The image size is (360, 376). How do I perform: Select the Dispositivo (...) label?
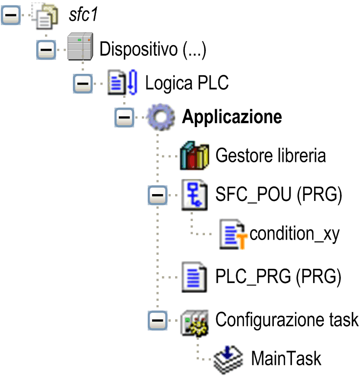click(x=153, y=49)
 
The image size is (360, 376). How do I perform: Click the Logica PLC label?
click(x=187, y=83)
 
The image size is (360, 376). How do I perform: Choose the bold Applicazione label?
click(x=232, y=117)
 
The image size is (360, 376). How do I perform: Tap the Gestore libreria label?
click(x=270, y=156)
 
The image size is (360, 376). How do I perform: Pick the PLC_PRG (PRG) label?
click(x=278, y=277)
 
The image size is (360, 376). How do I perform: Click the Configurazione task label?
click(x=287, y=320)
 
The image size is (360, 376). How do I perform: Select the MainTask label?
click(x=286, y=358)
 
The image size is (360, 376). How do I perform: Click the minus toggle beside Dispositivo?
click(x=46, y=49)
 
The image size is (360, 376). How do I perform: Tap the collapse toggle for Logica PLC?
click(x=82, y=84)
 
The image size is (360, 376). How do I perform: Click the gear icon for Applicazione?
click(x=157, y=118)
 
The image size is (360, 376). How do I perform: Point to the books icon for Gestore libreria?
click(x=194, y=156)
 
